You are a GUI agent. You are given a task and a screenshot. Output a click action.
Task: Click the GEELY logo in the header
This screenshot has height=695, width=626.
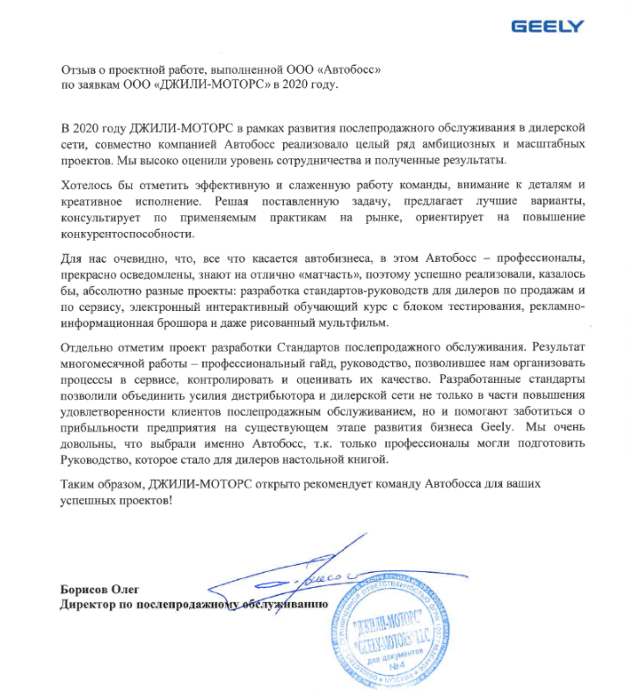point(547,26)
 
